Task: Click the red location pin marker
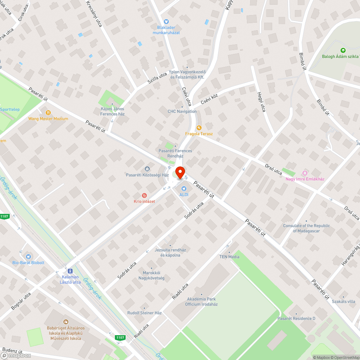pyautogui.click(x=180, y=171)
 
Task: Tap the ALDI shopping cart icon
pyautogui.click(x=184, y=188)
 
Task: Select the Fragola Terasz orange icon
pyautogui.click(x=199, y=128)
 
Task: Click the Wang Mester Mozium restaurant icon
pyautogui.click(x=48, y=112)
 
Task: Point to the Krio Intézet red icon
pyautogui.click(x=144, y=195)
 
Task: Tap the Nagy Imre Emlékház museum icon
pyautogui.click(x=305, y=173)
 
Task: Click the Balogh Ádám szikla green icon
pyautogui.click(x=343, y=51)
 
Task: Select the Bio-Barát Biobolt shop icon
pyautogui.click(x=28, y=257)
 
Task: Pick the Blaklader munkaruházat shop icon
pyautogui.click(x=166, y=22)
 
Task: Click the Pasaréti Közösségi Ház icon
pyautogui.click(x=147, y=169)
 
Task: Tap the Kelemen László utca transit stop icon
pyautogui.click(x=70, y=271)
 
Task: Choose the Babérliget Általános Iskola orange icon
pyautogui.click(x=66, y=322)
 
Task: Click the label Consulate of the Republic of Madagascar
pyautogui.click(x=306, y=228)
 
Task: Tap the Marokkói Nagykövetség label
pyautogui.click(x=152, y=275)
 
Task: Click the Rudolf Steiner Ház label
pyautogui.click(x=144, y=313)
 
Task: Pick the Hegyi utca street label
pyautogui.click(x=261, y=102)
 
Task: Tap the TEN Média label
pyautogui.click(x=229, y=257)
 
